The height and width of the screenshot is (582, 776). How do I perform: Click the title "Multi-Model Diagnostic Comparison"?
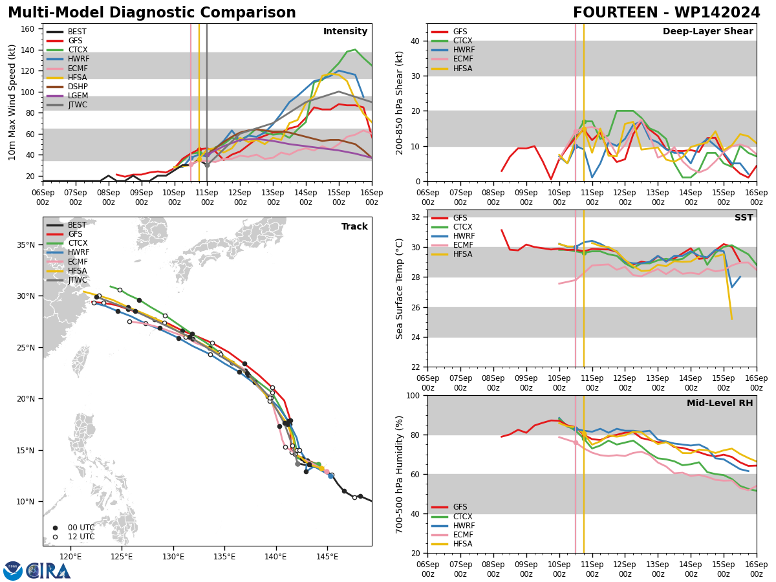point(151,13)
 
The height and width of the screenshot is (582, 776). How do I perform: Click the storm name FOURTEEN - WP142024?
point(666,13)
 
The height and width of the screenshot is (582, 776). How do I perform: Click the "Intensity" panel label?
point(345,32)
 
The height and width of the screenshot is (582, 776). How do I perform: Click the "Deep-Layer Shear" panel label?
point(707,32)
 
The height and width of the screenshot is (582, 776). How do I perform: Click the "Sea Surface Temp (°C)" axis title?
point(400,288)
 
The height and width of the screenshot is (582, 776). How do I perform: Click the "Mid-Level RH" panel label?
point(720,404)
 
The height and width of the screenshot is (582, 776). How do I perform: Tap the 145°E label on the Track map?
point(327,556)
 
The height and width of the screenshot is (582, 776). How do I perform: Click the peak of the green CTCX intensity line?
point(354,50)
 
